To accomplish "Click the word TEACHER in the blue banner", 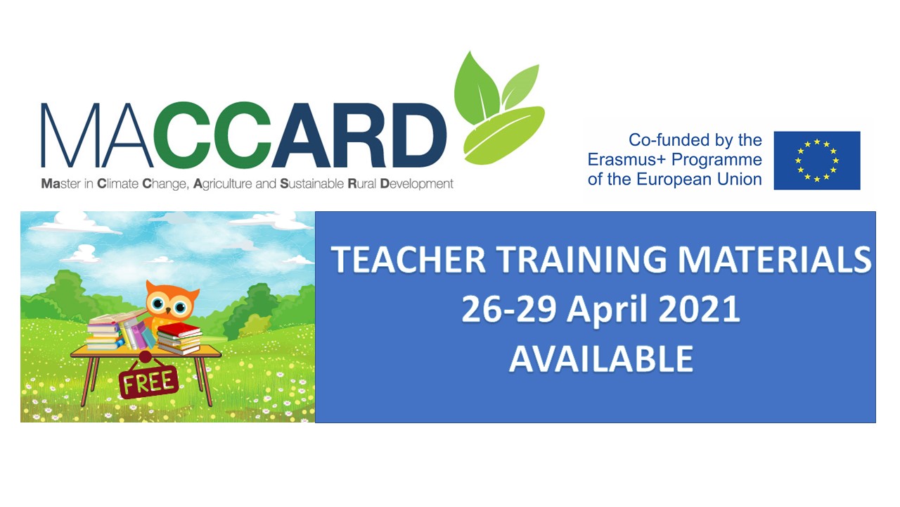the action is [408, 260].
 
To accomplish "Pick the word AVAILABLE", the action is [601, 358].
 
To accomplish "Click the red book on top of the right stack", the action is [179, 330].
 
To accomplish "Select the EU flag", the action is [817, 160].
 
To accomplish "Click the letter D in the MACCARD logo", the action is [419, 135].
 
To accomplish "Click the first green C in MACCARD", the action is [184, 135].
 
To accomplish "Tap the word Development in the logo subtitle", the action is [417, 184].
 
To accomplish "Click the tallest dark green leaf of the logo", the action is [475, 89].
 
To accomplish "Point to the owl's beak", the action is [168, 311].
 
